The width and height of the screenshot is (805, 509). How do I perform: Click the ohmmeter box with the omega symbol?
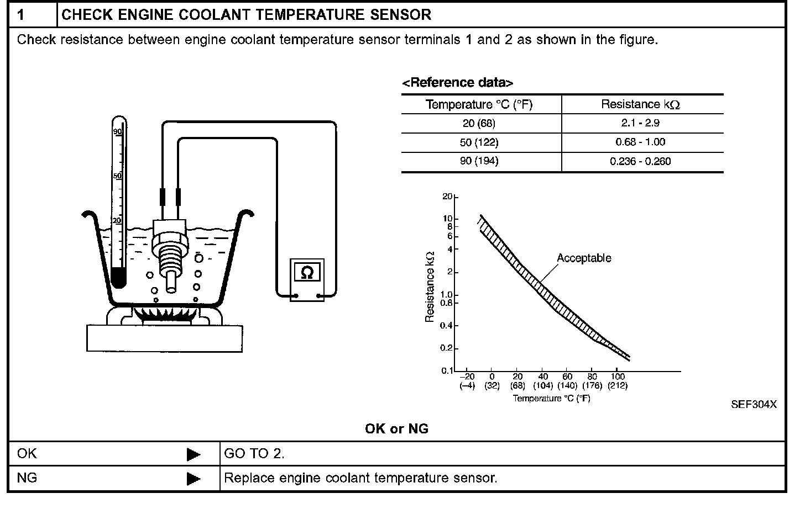(x=307, y=273)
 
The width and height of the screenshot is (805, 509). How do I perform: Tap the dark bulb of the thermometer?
(x=118, y=277)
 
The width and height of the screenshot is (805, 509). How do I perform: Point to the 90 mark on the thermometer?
(x=117, y=131)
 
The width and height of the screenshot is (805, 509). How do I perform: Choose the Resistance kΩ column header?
(x=641, y=104)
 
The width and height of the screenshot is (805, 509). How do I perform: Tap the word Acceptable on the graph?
(x=584, y=258)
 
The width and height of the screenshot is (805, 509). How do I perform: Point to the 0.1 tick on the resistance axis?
(x=447, y=370)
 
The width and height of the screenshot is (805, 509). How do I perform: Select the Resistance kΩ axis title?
(x=430, y=287)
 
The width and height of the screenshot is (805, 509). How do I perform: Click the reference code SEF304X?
(x=754, y=404)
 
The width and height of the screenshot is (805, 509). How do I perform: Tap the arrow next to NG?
(x=193, y=478)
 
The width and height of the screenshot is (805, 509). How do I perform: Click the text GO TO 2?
(x=254, y=454)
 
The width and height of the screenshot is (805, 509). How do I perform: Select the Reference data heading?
(x=458, y=83)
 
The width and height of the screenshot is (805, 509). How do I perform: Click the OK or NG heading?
(x=396, y=428)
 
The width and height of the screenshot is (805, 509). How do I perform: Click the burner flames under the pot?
(x=165, y=315)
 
